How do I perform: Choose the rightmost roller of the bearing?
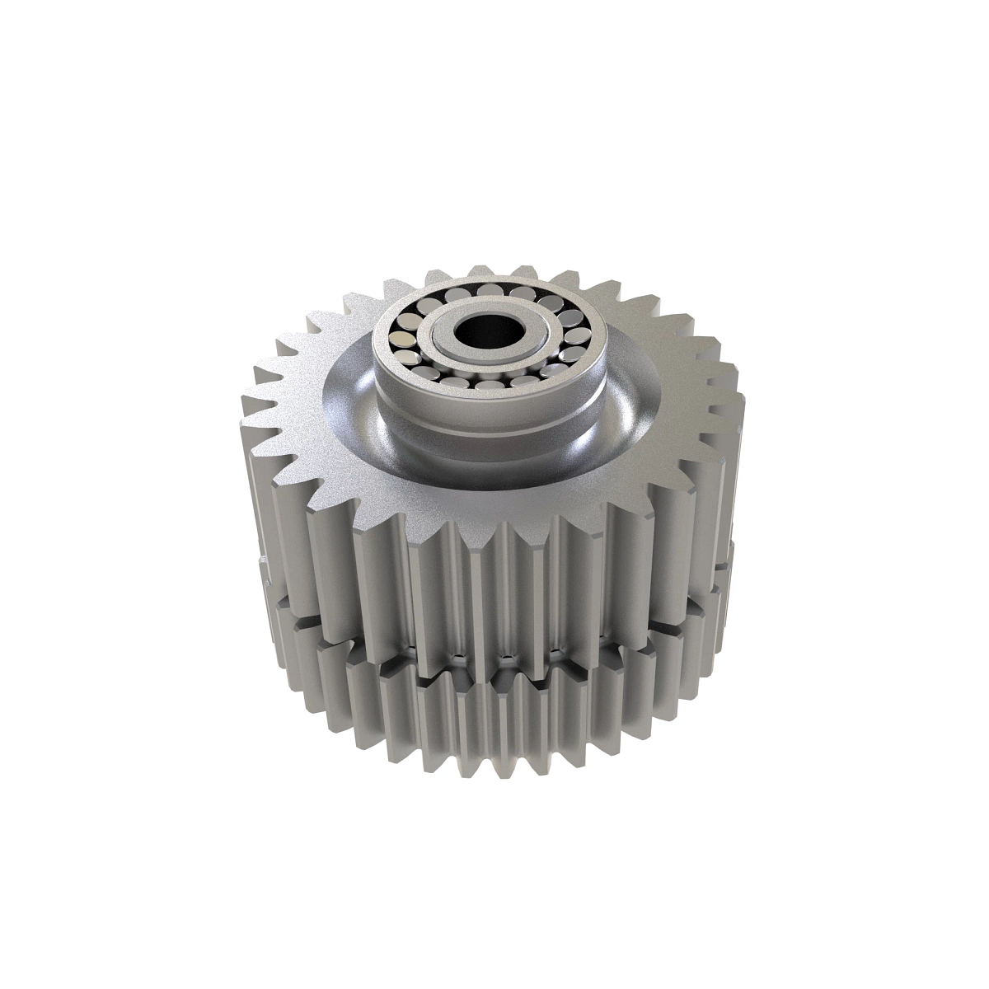click(x=576, y=335)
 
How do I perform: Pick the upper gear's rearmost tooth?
click(x=480, y=270)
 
